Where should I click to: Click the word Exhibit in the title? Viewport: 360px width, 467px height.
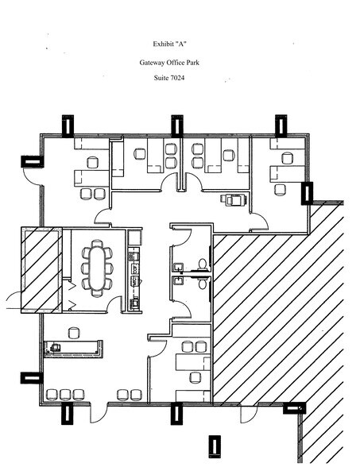[x=163, y=44]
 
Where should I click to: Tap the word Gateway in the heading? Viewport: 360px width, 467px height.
[x=151, y=63]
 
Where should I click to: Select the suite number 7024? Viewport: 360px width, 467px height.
[x=177, y=78]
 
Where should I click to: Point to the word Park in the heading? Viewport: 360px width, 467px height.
[x=193, y=63]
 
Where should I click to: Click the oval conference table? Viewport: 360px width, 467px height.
[x=97, y=268]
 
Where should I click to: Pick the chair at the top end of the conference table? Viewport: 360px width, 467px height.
[x=97, y=243]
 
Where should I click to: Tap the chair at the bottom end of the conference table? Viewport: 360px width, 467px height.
[x=97, y=293]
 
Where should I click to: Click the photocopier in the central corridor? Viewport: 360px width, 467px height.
[x=234, y=199]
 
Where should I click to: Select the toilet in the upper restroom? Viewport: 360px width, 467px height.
[x=203, y=264]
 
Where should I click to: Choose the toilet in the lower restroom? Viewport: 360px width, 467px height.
[x=203, y=284]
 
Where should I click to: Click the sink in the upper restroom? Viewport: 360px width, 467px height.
[x=178, y=267]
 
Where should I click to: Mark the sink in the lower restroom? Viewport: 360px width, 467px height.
[x=178, y=281]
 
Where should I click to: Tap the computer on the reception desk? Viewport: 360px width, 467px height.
[x=55, y=347]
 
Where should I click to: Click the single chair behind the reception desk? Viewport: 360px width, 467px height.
[x=74, y=333]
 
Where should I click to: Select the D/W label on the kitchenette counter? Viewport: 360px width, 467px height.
[x=135, y=268]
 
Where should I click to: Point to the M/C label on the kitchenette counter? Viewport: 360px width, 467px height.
[x=135, y=280]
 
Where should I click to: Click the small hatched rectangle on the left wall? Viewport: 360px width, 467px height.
[x=41, y=270]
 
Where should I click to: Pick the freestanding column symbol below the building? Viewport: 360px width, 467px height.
[x=215, y=446]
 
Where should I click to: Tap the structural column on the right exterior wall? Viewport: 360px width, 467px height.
[x=307, y=193]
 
